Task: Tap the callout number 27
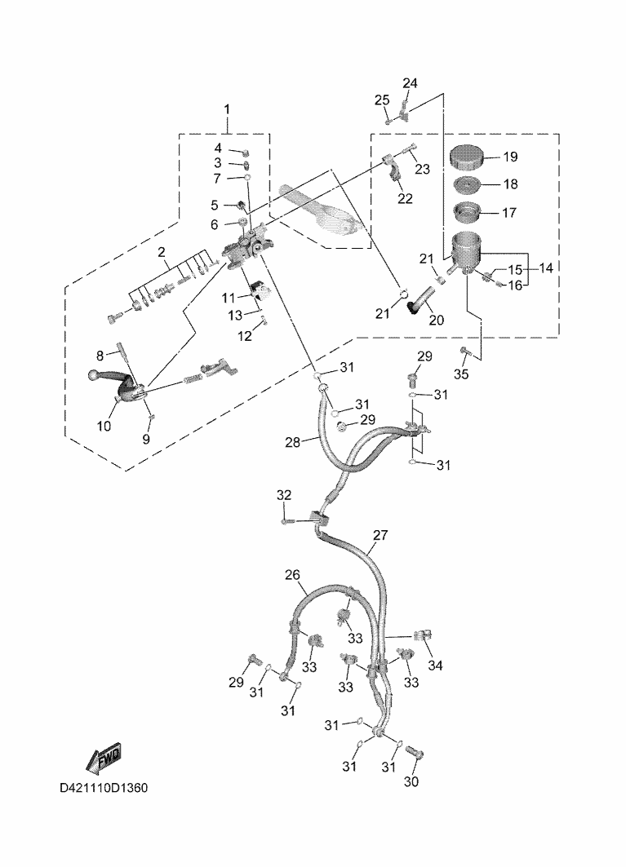point(380,536)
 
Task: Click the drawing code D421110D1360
point(104,790)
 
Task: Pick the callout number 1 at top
point(227,109)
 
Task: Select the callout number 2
point(162,252)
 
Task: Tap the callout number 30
point(411,782)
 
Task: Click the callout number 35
point(461,374)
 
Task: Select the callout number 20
point(436,320)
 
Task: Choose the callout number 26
point(292,575)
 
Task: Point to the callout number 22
point(405,198)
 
